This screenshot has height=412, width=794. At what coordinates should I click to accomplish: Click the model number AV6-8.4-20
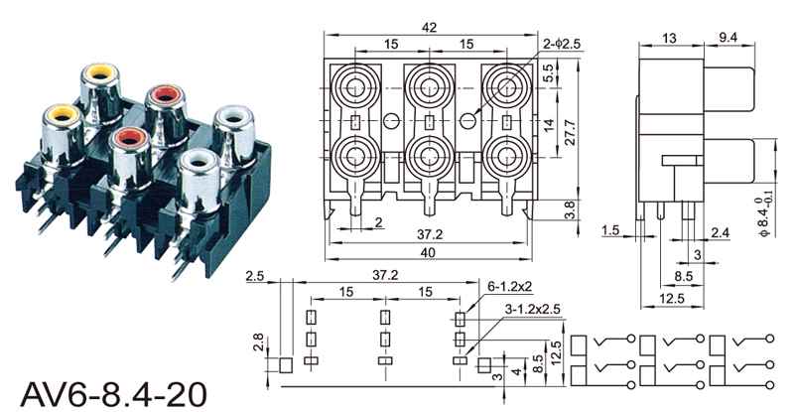click(x=114, y=394)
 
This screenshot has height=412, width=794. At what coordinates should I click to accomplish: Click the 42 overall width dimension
click(x=429, y=28)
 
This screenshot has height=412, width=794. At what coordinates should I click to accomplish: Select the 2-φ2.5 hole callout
click(x=562, y=44)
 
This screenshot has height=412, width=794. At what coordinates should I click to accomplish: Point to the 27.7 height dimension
click(x=570, y=132)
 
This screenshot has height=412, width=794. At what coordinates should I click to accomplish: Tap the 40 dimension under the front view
click(x=428, y=252)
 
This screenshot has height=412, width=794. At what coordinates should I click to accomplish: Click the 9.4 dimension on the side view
click(x=728, y=37)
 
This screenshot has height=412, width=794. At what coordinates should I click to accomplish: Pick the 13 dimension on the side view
click(x=669, y=38)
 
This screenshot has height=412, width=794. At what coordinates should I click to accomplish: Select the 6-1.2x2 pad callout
click(x=510, y=286)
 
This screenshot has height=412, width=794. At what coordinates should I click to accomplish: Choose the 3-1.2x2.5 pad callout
click(x=533, y=308)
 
